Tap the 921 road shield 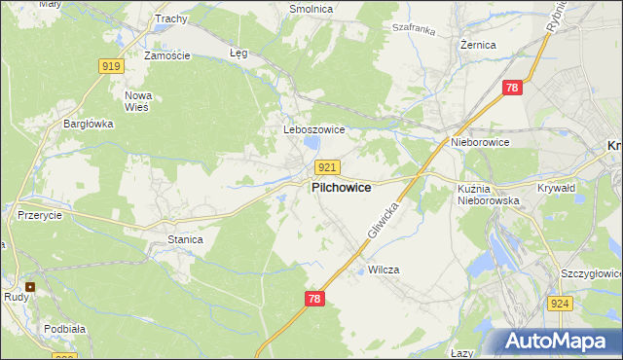click(x=327, y=167)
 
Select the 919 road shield click(x=110, y=65)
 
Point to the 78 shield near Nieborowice click(x=514, y=89)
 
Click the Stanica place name click(x=185, y=238)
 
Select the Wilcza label click(x=384, y=270)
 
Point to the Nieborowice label click(x=480, y=142)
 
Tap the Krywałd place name click(x=558, y=188)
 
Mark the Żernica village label click(x=479, y=45)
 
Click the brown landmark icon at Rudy click(x=31, y=287)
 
